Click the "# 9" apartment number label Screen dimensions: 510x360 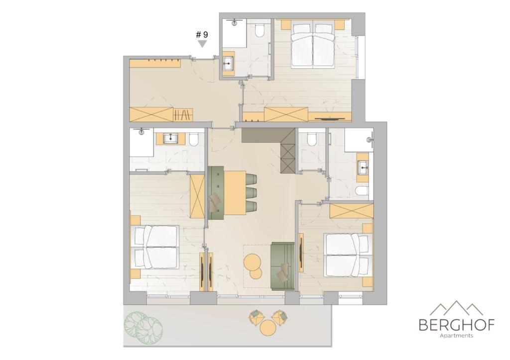202,35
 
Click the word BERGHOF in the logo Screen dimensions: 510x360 457,325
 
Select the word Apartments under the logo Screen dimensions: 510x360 456,336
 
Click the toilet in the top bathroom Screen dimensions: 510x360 259,31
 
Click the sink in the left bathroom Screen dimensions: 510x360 170,139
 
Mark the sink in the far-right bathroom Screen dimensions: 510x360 363,168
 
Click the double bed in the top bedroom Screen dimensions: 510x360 313,44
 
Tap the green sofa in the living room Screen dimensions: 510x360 283,266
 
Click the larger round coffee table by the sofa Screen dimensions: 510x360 252,262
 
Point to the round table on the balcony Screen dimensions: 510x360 268,329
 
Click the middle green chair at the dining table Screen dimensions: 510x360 252,192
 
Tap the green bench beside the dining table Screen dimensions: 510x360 216,193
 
